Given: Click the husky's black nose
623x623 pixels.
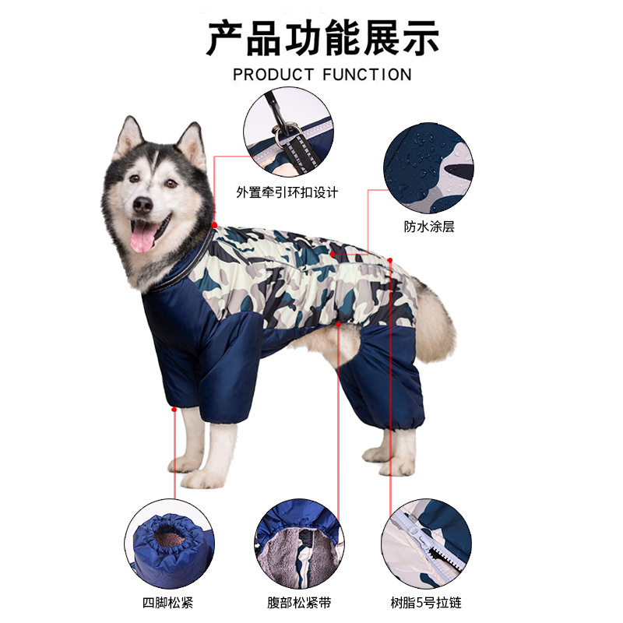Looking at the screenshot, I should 142,204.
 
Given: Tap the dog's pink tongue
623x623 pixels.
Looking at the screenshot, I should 143,237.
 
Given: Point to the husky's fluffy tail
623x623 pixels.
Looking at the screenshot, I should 436,319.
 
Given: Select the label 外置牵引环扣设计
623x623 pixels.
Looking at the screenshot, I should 287,191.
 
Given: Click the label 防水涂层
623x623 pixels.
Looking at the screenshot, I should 428,227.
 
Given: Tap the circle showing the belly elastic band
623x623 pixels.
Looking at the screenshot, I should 298,544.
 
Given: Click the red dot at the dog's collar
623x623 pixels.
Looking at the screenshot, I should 214,224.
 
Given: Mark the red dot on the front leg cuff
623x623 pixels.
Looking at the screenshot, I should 174,407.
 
